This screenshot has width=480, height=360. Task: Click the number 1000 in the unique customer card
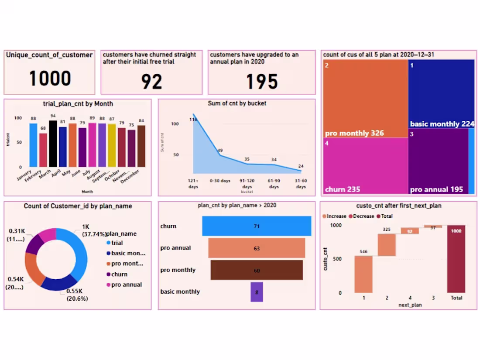tap(50, 79)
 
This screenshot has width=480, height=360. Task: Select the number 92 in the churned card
tap(151, 82)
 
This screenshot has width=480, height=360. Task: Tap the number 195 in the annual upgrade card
tap(262, 82)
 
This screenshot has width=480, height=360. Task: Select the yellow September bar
tap(112, 146)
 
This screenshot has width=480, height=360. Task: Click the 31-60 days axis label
tap(301, 184)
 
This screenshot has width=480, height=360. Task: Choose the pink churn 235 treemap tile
tap(365, 166)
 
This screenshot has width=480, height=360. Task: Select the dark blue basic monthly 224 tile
tap(441, 94)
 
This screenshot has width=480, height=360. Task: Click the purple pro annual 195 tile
tap(438, 161)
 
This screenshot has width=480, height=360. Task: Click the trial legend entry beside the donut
tap(117, 243)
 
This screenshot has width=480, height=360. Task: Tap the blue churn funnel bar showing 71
tap(257, 226)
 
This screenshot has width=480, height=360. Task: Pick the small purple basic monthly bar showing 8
tap(257, 292)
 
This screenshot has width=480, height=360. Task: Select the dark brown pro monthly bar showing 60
tap(257, 270)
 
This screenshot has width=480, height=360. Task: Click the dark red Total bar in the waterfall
tap(456, 259)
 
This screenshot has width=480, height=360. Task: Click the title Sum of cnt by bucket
tap(237, 103)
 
